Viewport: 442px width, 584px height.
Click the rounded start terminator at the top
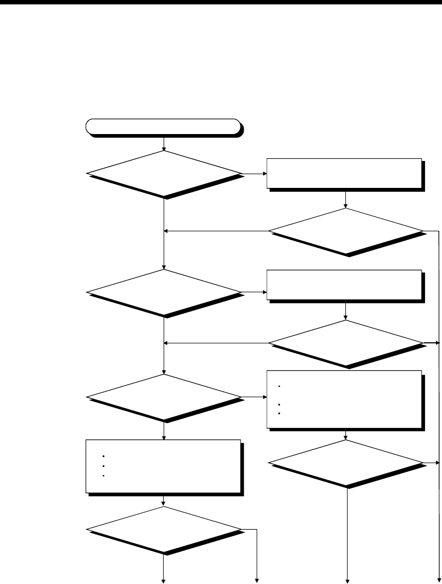(x=163, y=126)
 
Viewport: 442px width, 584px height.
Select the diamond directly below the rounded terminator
(x=164, y=174)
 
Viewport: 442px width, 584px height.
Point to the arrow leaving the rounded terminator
(x=164, y=143)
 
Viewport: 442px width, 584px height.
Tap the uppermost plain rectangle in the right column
(x=345, y=174)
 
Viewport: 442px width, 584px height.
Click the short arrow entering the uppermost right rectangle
(x=255, y=174)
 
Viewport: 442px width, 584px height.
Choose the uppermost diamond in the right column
(x=346, y=231)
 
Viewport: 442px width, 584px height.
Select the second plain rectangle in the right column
(x=345, y=285)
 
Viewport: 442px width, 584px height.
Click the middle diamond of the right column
(x=346, y=343)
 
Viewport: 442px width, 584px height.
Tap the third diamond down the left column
(x=164, y=397)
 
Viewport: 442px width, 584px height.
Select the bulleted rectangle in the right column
(x=345, y=399)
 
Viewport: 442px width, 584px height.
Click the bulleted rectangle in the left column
(x=164, y=466)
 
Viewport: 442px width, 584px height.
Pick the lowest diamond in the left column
(x=164, y=530)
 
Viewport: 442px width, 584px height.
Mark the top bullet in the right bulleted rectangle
(x=279, y=386)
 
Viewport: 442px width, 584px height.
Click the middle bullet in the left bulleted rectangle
(x=104, y=466)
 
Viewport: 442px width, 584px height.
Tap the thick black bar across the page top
(x=221, y=2)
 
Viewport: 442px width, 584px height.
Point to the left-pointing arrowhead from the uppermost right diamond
(x=167, y=231)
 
